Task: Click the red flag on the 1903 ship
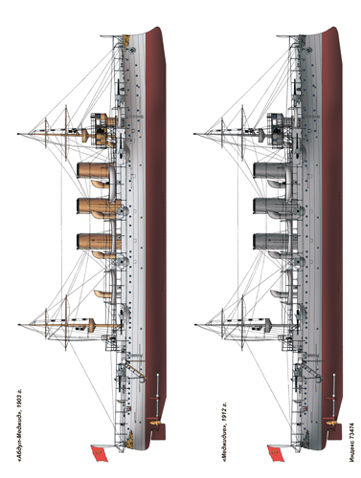(99, 452)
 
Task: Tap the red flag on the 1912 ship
(275, 452)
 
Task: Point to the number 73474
(351, 433)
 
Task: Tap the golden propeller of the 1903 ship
(155, 423)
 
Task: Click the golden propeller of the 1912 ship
(331, 423)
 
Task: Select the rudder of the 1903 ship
(159, 432)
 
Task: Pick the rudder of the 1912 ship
(335, 432)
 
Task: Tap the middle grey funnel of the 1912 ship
(273, 206)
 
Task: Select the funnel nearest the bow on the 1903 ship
(95, 170)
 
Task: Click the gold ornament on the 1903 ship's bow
(126, 40)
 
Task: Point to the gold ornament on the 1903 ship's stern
(129, 439)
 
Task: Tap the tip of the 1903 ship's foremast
(18, 134)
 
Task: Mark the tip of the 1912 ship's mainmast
(194, 325)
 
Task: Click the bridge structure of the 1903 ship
(102, 129)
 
